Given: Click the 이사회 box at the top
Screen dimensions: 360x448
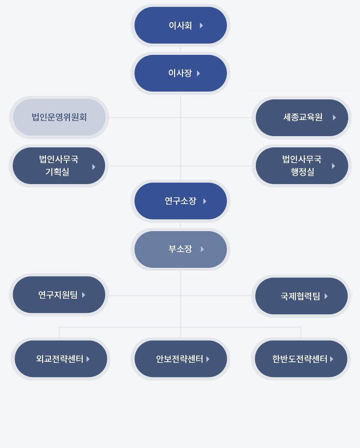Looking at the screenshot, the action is click(x=180, y=25).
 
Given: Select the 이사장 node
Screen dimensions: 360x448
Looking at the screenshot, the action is click(x=180, y=73).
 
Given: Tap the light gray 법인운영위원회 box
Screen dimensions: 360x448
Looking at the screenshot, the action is click(x=59, y=117).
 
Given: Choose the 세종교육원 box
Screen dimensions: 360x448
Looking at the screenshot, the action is click(x=302, y=118).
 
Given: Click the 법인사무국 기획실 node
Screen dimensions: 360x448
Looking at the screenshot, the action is click(x=59, y=165).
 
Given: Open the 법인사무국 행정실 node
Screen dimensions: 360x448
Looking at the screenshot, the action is click(x=302, y=165).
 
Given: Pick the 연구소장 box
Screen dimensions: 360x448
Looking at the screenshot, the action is click(x=180, y=201).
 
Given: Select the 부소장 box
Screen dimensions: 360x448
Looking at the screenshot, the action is click(x=180, y=249).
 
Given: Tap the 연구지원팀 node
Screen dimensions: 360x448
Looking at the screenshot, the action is click(x=59, y=295).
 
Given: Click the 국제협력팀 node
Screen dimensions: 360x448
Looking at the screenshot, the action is click(x=301, y=296).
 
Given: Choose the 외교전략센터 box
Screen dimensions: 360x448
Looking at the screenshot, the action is click(x=61, y=358).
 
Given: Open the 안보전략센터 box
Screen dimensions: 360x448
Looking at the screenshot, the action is click(x=180, y=358).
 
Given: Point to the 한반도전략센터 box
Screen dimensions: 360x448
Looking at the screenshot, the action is click(x=301, y=358).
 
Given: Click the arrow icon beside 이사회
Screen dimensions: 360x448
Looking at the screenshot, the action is click(x=201, y=25).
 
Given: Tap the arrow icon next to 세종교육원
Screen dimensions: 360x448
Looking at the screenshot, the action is click(x=334, y=118).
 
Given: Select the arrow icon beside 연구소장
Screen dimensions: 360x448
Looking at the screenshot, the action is click(x=204, y=201).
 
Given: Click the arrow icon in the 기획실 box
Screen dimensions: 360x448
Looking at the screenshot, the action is click(x=93, y=167).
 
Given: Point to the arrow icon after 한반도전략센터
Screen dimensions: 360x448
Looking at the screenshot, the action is click(x=332, y=359).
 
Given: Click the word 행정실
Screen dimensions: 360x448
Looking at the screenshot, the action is click(x=302, y=172).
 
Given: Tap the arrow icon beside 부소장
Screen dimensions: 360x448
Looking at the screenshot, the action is click(x=202, y=249).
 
